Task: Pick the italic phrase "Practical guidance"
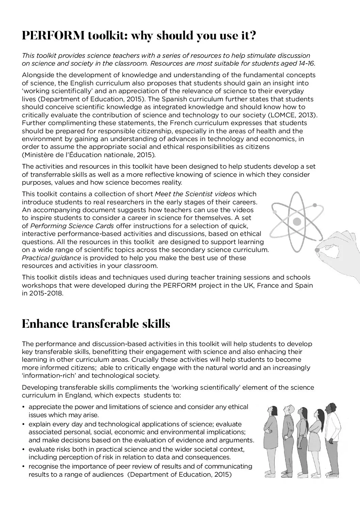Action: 51,258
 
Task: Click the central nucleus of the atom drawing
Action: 297,222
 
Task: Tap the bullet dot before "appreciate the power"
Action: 23,407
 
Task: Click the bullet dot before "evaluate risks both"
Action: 23,449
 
